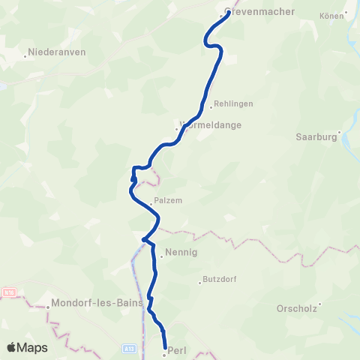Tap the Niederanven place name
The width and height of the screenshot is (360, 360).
[x=58, y=53]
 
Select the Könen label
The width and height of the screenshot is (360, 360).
[x=330, y=15]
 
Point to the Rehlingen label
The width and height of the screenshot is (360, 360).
[x=233, y=104]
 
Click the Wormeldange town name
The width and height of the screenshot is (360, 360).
[x=211, y=125]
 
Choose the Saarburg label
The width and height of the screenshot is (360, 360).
[x=314, y=137]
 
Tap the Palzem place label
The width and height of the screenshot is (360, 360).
[x=168, y=201]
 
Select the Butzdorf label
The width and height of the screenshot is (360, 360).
[x=220, y=280]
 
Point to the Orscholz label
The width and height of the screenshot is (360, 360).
[x=297, y=308]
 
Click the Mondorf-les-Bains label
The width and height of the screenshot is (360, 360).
[x=88, y=305]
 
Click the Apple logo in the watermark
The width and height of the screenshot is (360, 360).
[x=12, y=347]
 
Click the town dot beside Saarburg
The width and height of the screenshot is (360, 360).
[x=340, y=133]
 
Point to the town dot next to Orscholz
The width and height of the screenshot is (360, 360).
[x=320, y=304]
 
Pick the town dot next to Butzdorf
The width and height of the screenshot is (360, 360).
[x=199, y=283]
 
